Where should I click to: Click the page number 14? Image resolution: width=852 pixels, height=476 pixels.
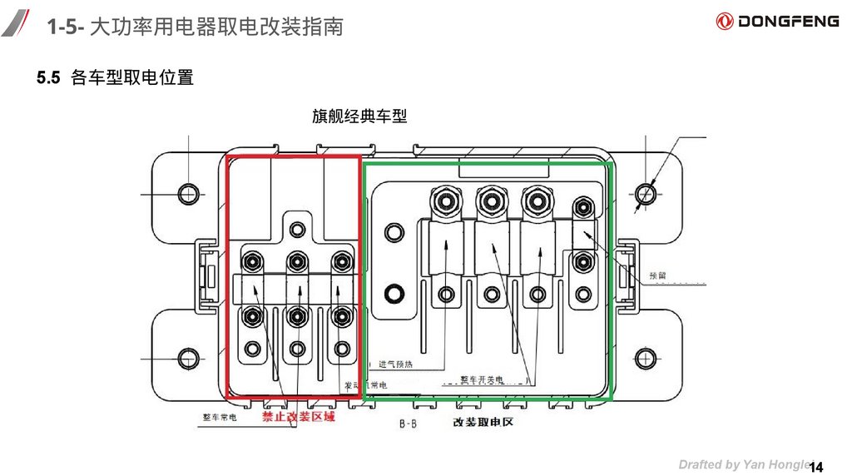[815, 465]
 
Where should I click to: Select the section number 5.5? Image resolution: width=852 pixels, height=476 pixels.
[48, 78]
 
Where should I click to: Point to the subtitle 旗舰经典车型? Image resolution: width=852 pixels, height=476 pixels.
[359, 117]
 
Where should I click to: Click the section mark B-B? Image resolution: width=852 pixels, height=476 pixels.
[408, 424]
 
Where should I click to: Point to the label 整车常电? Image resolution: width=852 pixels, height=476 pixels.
[220, 418]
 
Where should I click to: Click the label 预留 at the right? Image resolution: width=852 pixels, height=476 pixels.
[658, 274]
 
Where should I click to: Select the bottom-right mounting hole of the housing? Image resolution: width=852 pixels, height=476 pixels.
[646, 359]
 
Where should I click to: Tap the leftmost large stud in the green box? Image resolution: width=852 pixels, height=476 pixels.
[442, 201]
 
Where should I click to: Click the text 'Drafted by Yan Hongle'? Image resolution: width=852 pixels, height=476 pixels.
[743, 464]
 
